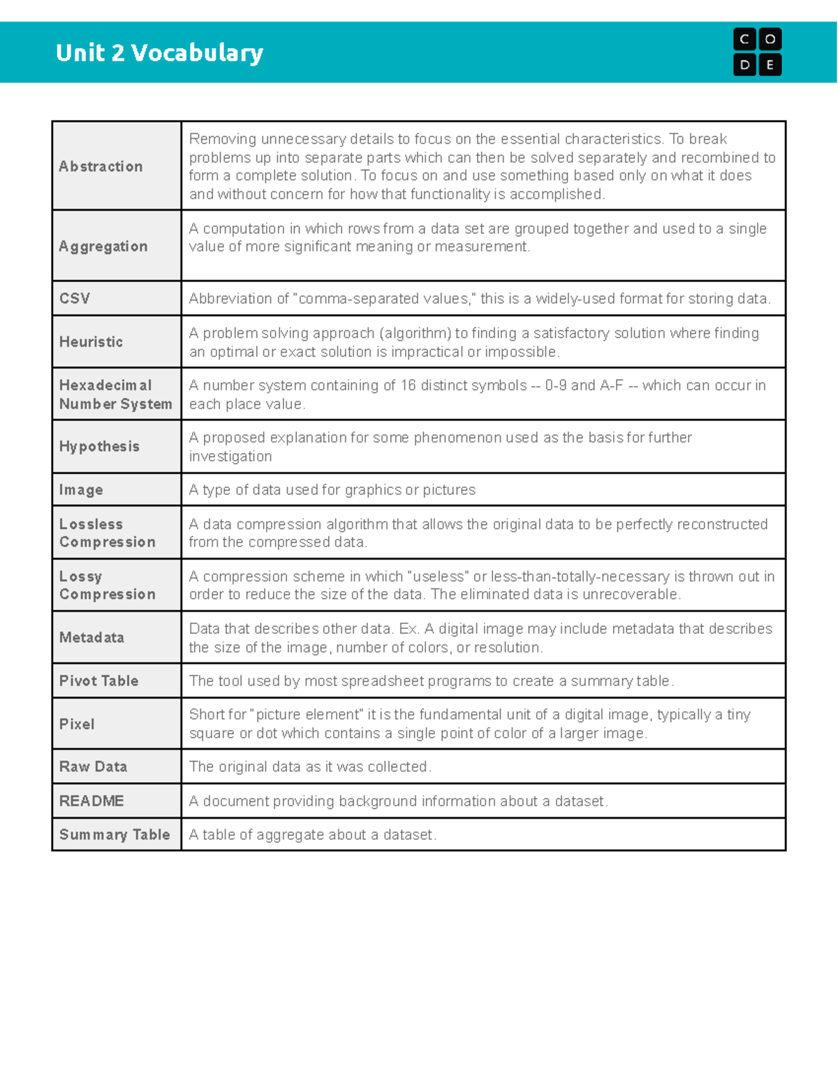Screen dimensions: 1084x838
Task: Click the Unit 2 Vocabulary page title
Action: click(x=159, y=53)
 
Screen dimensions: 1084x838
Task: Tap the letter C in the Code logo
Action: click(x=744, y=40)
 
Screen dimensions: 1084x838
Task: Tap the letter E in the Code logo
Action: click(x=770, y=66)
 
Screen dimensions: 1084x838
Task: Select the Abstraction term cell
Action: click(x=101, y=166)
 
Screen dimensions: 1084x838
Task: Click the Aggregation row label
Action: click(x=103, y=246)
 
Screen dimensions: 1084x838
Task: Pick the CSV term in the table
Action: click(x=75, y=299)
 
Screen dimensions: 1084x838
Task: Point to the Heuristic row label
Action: click(x=91, y=342)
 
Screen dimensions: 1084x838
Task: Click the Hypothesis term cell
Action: click(x=99, y=447)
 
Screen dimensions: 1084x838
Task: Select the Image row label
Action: click(x=81, y=490)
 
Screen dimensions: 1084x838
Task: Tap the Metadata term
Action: click(x=91, y=637)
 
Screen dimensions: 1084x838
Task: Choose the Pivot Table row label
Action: click(x=98, y=681)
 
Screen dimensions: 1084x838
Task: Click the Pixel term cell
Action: click(x=77, y=725)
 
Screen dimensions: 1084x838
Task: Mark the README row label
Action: click(x=91, y=801)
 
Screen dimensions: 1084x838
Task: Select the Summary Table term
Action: click(x=115, y=835)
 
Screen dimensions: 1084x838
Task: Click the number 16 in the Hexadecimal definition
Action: click(x=408, y=385)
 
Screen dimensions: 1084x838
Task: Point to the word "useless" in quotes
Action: click(x=437, y=577)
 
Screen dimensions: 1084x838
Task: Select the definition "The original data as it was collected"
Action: click(x=310, y=767)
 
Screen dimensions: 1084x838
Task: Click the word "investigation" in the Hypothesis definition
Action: click(x=230, y=456)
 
